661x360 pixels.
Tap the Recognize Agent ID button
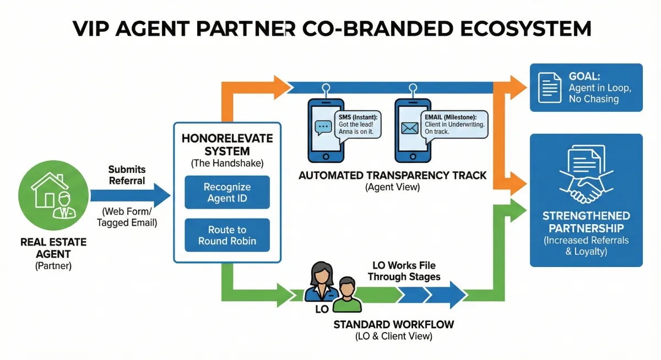[227, 192]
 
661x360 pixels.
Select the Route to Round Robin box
[227, 235]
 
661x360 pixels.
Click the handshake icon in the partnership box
[586, 185]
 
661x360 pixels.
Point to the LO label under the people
[322, 309]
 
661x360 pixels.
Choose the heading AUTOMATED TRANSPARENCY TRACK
[392, 176]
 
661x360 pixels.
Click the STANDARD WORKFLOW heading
[393, 324]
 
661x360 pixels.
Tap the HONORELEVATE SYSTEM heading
[227, 145]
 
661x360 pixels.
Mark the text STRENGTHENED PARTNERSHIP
[586, 221]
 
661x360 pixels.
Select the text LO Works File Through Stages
[404, 271]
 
